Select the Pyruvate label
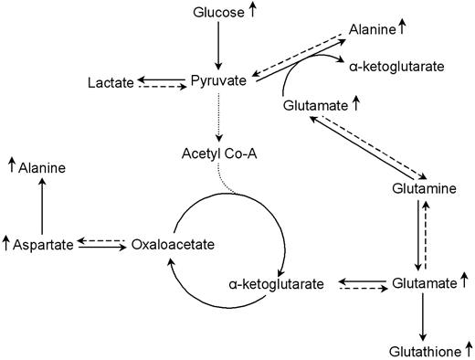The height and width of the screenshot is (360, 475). (x=217, y=80)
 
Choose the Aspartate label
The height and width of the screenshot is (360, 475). (x=42, y=244)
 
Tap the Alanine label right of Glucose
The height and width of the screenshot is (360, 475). (x=372, y=29)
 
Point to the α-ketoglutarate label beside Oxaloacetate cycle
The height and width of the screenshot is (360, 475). (x=276, y=284)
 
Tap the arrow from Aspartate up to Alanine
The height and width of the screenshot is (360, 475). (x=41, y=206)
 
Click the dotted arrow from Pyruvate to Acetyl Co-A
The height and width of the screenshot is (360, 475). (x=218, y=115)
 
